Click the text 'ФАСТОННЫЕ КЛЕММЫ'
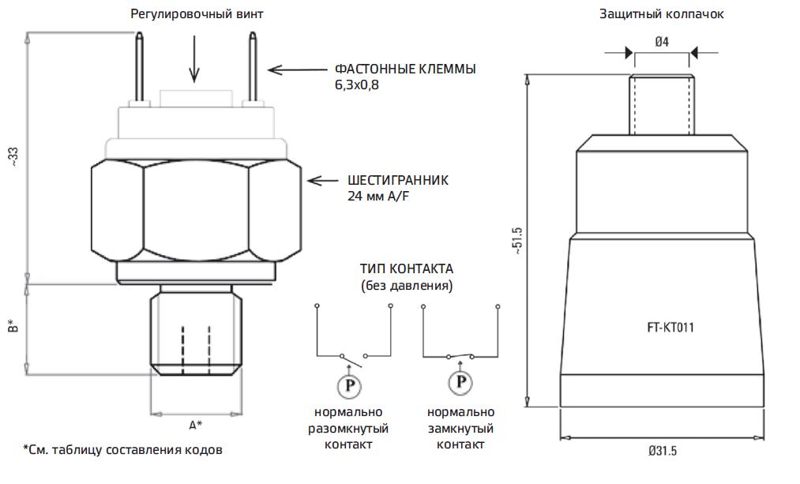[405, 69]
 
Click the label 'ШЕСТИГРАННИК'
[397, 180]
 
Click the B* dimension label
[13, 325]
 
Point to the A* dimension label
[195, 426]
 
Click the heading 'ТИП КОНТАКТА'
[406, 268]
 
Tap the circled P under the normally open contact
[347, 386]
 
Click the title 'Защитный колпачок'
[661, 14]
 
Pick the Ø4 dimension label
[662, 43]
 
